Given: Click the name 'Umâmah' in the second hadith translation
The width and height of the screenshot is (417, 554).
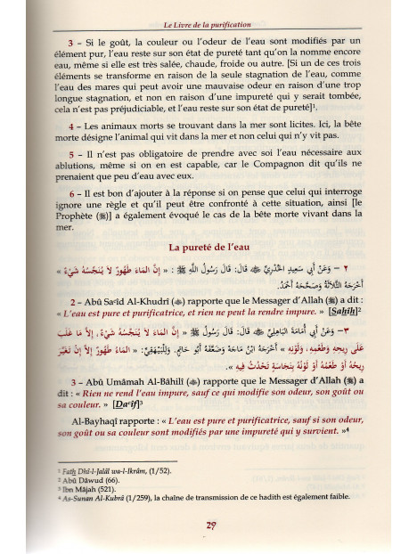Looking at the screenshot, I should point(119,377).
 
